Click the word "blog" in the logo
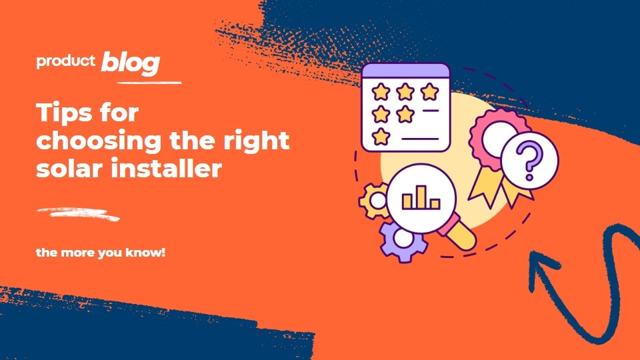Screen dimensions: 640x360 point(131,63)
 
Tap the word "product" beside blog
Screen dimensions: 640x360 point(66,61)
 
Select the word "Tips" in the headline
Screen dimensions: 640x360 point(61,113)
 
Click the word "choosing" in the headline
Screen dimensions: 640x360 point(99,141)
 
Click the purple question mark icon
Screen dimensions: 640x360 point(529,161)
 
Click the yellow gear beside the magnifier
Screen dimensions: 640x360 point(374,201)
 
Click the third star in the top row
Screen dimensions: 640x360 point(429,92)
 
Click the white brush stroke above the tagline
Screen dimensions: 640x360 point(77,214)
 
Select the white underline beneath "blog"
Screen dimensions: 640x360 point(149,83)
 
